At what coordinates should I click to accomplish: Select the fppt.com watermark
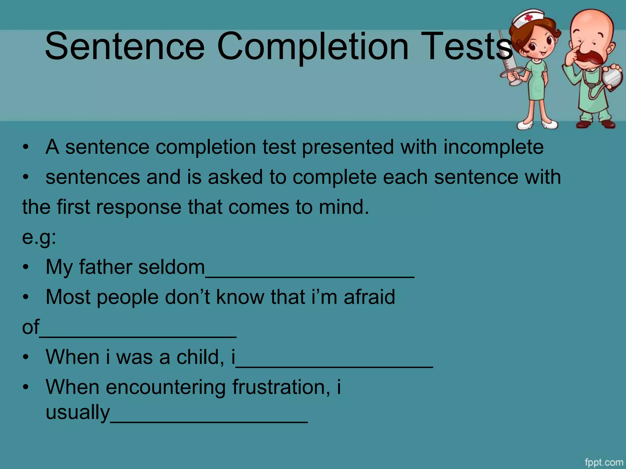[604, 462]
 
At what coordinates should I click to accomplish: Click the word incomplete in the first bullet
[493, 147]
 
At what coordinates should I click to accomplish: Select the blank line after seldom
[310, 275]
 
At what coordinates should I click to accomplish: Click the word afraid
[369, 297]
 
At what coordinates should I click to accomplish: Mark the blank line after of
[138, 335]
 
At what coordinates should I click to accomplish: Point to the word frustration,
[281, 387]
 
